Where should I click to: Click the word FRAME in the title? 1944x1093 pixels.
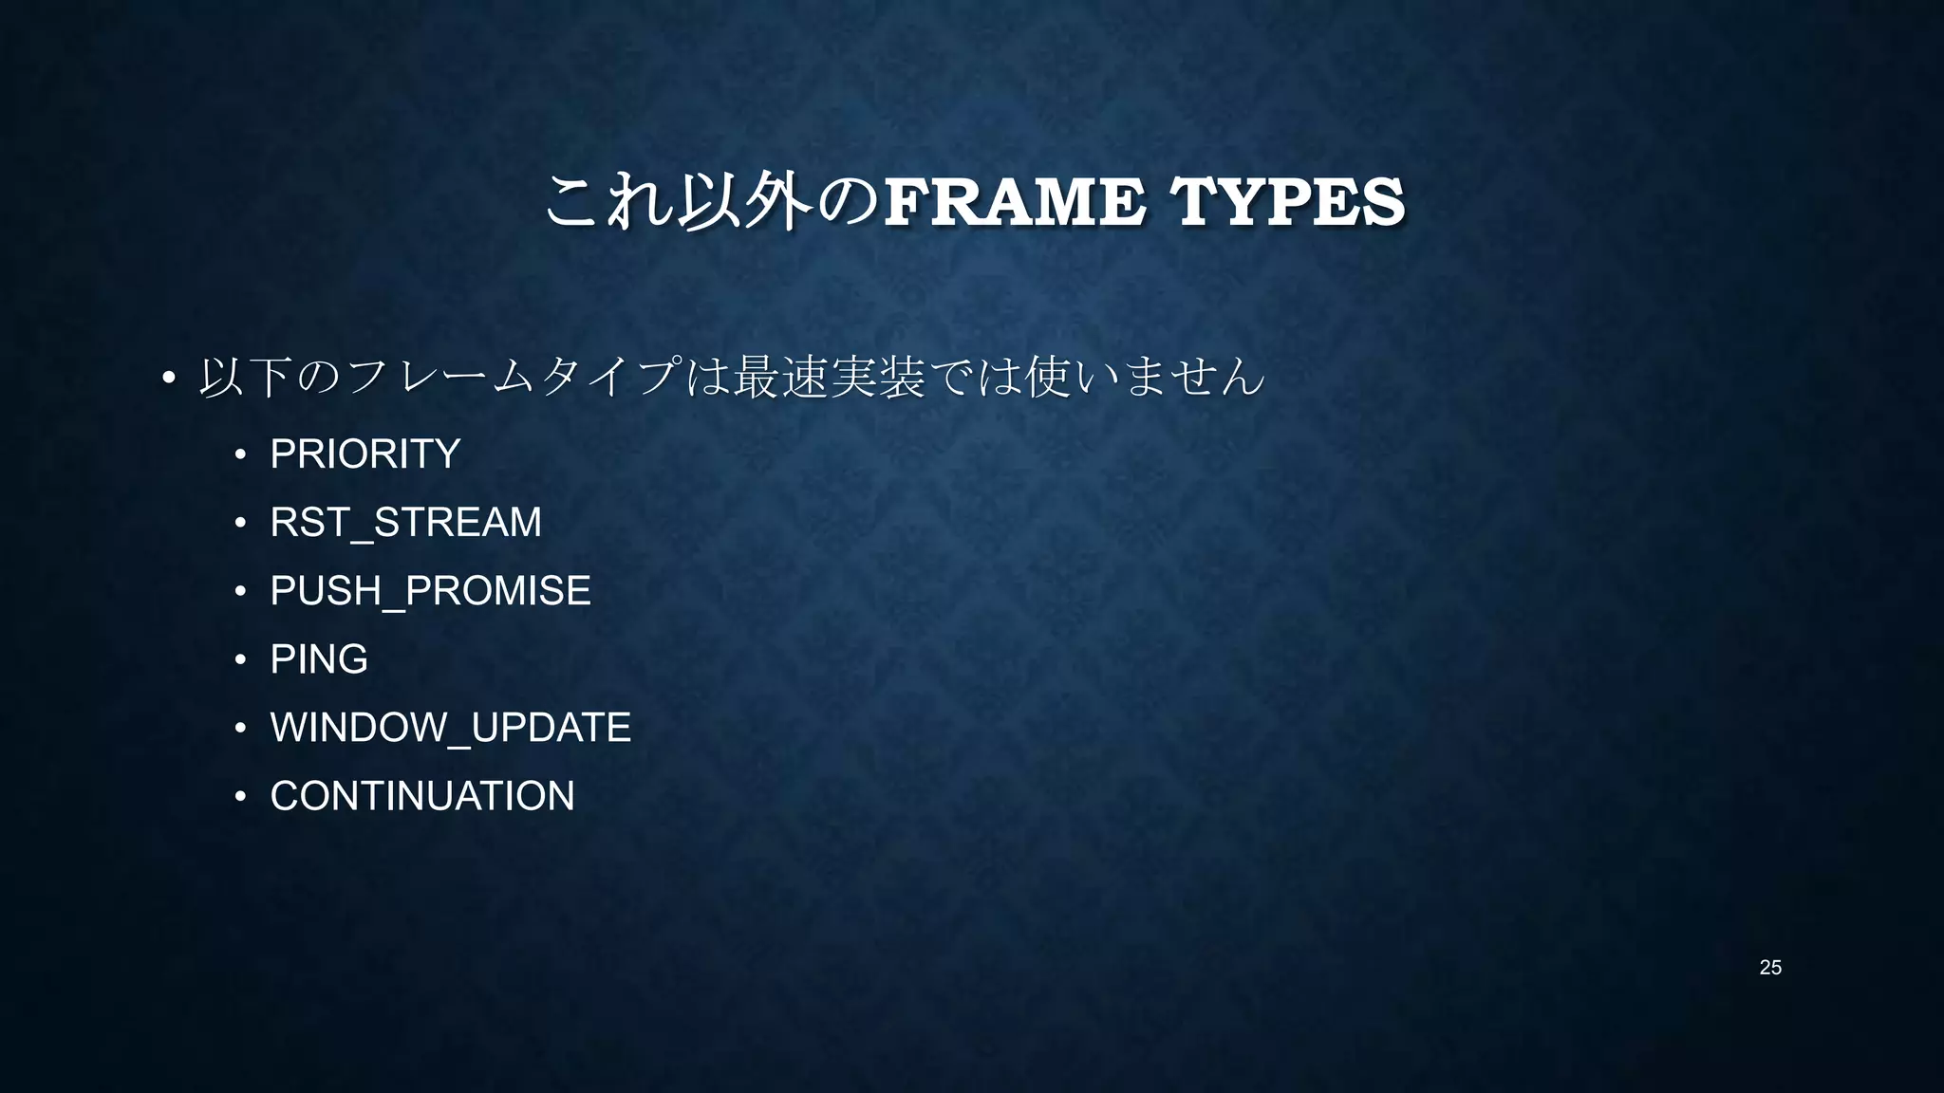(x=1014, y=202)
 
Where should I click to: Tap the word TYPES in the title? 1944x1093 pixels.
(x=1287, y=202)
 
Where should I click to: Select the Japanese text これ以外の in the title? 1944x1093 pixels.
(x=713, y=202)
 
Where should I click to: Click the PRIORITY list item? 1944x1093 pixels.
(x=365, y=454)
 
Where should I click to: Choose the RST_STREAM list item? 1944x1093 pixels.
(x=405, y=522)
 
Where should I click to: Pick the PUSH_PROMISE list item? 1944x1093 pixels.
(x=430, y=590)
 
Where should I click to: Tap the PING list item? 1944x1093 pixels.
(x=319, y=659)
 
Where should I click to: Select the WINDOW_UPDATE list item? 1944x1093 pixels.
(x=450, y=728)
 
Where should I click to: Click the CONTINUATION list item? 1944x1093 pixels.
(x=422, y=796)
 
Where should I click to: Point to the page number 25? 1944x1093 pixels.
(x=1770, y=968)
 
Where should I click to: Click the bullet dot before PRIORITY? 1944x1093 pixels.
(x=241, y=455)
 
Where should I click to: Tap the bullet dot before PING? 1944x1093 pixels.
(x=241, y=660)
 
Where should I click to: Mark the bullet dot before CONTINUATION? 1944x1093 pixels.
(x=241, y=797)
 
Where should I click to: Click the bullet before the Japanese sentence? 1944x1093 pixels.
(x=168, y=379)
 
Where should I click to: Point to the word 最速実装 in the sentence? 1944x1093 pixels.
(x=828, y=377)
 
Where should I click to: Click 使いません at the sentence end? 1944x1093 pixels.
(x=1145, y=377)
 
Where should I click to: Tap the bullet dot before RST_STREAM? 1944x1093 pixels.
(x=241, y=524)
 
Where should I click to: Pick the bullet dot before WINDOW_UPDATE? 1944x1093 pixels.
(x=241, y=729)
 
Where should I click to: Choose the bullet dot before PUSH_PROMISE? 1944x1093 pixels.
(x=241, y=592)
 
